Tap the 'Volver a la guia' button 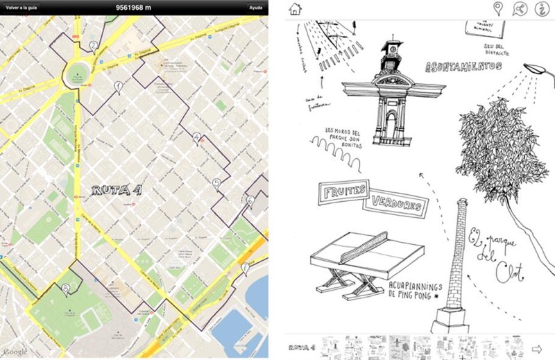22,8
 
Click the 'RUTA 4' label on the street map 116,189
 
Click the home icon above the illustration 295,8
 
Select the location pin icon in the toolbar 497,8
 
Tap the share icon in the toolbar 519,8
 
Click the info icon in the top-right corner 540,8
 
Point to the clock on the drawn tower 391,50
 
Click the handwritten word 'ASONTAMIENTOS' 463,67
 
